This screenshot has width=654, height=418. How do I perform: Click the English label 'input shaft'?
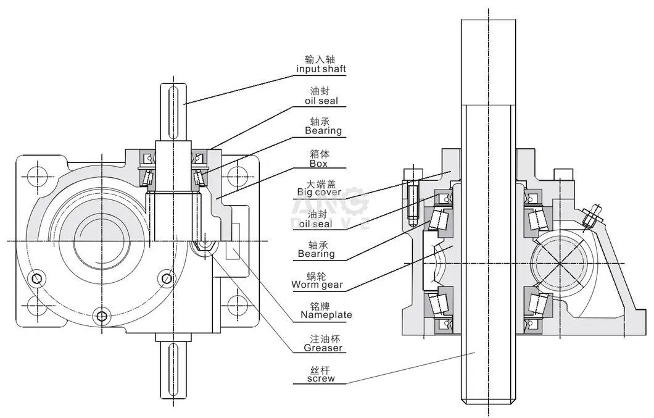pyautogui.click(x=321, y=69)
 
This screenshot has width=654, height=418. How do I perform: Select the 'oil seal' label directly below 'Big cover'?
pyautogui.click(x=315, y=224)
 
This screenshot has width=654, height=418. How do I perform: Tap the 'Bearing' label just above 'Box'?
pyautogui.click(x=323, y=131)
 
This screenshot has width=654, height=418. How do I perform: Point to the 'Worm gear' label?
pyautogui.click(x=317, y=285)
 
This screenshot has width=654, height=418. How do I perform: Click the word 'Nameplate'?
pyautogui.click(x=326, y=315)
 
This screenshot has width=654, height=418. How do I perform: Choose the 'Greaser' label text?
pyautogui.click(x=321, y=348)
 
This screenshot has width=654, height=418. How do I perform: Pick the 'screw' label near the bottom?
pyautogui.click(x=321, y=378)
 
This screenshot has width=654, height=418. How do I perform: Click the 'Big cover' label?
pyautogui.click(x=319, y=192)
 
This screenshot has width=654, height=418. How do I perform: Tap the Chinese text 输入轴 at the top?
pyautogui.click(x=321, y=59)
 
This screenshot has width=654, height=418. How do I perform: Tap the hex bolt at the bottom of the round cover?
pyautogui.click(x=102, y=318)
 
